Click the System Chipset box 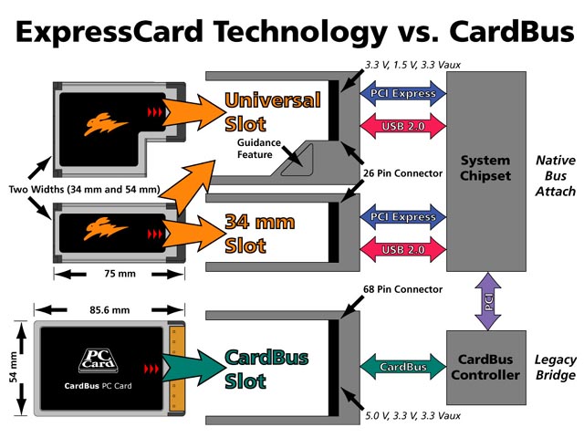[x=486, y=169]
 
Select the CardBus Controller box [x=486, y=367]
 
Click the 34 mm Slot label [x=258, y=234]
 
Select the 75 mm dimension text [x=113, y=273]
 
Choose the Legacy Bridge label [x=556, y=367]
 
